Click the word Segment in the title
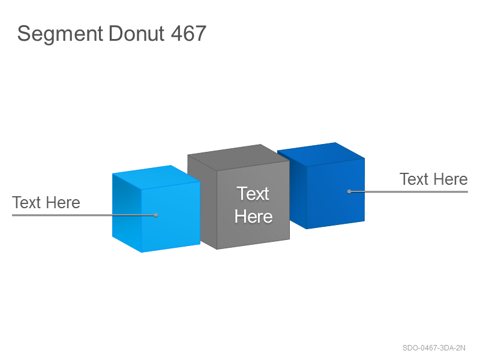60,34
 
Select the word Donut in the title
136,33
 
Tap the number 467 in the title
188,33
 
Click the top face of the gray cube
238,157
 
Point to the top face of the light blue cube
156,177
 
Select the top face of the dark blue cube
321,154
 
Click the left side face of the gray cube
202,202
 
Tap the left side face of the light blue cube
127,213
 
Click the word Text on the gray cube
253,194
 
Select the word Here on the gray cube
253,217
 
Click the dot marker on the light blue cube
156,215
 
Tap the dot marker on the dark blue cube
349,191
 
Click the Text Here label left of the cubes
46,203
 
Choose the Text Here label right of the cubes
433,179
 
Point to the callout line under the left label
84,215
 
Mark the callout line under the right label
409,191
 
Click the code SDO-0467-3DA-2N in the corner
434,348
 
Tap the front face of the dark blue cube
335,193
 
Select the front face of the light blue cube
171,217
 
